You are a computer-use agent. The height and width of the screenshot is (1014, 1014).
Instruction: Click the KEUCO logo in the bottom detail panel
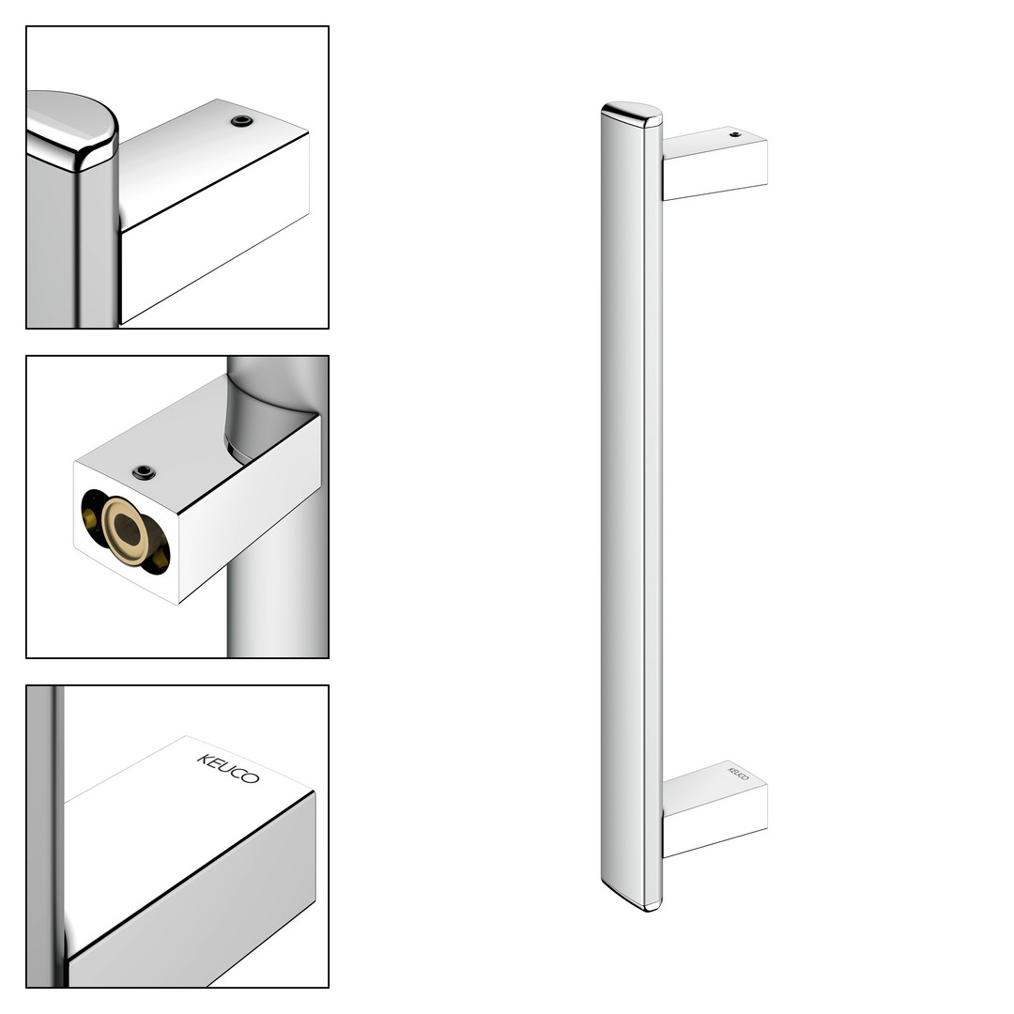(x=227, y=768)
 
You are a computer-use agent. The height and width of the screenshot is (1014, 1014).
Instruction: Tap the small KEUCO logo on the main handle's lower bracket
(x=739, y=774)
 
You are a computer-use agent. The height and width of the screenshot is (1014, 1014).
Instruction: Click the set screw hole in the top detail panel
(x=242, y=121)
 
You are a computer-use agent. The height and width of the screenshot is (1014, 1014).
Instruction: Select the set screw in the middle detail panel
(x=144, y=472)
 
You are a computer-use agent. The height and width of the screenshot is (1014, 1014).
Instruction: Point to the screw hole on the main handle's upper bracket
(x=735, y=134)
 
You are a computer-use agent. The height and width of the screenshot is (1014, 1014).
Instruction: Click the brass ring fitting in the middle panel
(x=127, y=530)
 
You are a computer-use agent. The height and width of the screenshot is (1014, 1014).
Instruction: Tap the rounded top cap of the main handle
(x=631, y=114)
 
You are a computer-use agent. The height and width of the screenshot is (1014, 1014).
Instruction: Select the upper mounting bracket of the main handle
(x=714, y=163)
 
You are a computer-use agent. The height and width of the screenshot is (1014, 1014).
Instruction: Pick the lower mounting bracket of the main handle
(x=714, y=808)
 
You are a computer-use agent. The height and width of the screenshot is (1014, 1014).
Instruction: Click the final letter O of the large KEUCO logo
(x=252, y=778)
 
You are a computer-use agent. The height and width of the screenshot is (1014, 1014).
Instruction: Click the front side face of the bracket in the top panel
(x=215, y=227)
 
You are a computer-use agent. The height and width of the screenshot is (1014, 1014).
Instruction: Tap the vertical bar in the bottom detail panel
(x=45, y=836)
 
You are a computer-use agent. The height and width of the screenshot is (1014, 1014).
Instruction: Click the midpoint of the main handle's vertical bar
(x=631, y=506)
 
